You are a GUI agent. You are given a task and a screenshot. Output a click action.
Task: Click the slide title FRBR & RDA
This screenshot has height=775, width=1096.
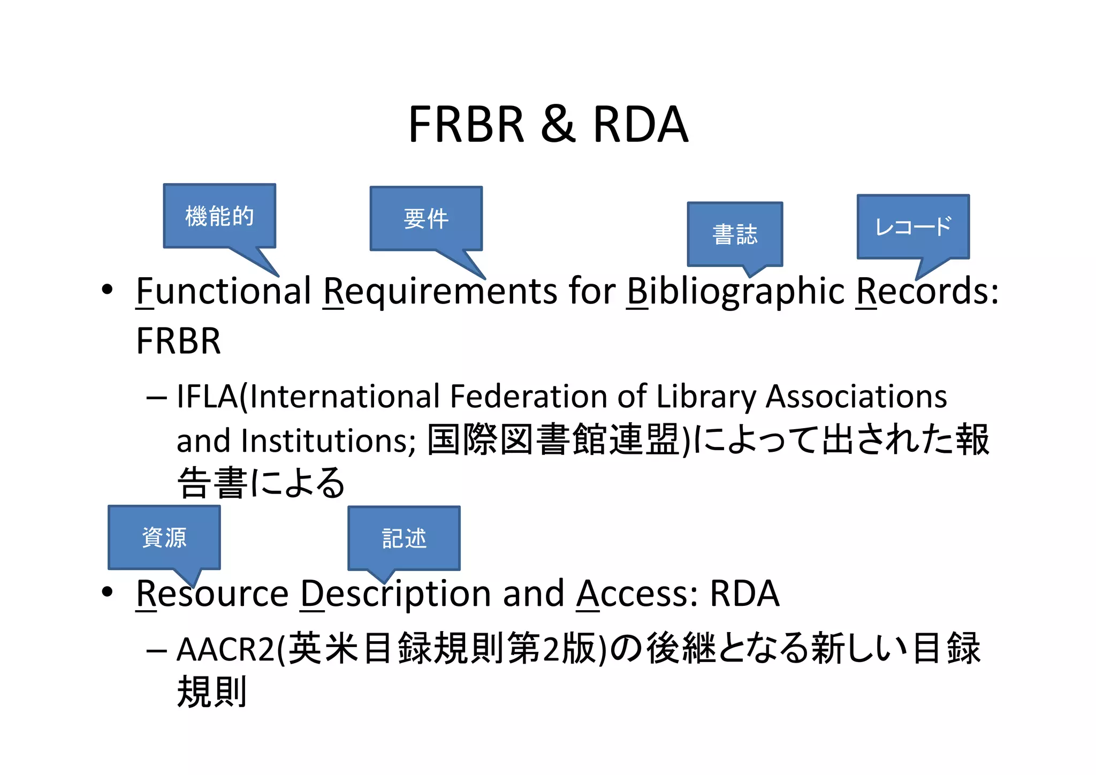tap(548, 124)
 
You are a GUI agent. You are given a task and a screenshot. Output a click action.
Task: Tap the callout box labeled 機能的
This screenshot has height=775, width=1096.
tap(219, 216)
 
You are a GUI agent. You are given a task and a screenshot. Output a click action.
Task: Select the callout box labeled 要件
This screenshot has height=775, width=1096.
tap(426, 218)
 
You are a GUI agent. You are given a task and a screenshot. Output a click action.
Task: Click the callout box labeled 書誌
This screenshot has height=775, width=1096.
tap(735, 234)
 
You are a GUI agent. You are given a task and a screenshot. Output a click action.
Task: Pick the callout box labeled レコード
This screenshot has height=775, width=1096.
tap(913, 226)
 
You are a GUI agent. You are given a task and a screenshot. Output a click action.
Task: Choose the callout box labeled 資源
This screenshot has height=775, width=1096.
tap(164, 537)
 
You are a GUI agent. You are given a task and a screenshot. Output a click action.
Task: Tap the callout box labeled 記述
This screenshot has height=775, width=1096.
tap(404, 538)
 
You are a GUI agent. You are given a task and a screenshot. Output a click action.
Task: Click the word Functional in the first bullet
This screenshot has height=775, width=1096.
tap(224, 292)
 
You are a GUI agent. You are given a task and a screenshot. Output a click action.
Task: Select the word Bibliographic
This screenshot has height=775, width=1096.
tap(736, 292)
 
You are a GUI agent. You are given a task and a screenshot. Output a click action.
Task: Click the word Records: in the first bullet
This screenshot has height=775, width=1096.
tap(927, 292)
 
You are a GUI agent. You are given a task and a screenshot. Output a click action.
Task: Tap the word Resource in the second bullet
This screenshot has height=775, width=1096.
tap(212, 594)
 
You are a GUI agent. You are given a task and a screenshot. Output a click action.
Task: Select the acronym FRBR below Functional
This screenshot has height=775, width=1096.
tap(178, 341)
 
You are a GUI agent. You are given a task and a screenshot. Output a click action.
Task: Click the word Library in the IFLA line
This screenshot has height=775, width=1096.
tap(706, 397)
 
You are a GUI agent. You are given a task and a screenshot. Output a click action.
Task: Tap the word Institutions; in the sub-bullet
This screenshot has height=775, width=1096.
tap(328, 440)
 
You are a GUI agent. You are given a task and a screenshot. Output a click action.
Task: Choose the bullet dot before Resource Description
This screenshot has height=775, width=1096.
tap(108, 592)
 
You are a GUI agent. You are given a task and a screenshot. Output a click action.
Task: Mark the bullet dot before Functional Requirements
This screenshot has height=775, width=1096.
tap(108, 290)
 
